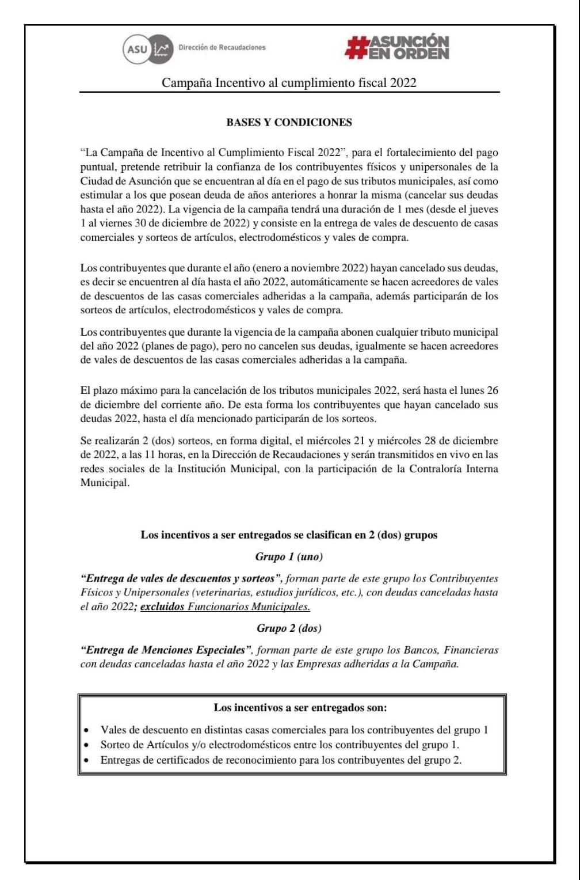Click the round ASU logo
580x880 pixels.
click(x=137, y=49)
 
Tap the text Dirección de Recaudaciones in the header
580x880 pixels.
click(x=222, y=48)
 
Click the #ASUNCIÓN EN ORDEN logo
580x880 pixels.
click(x=396, y=47)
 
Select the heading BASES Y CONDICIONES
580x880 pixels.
click(x=289, y=122)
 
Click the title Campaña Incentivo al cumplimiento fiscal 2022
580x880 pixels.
click(x=289, y=82)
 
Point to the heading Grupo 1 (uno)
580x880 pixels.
click(x=289, y=556)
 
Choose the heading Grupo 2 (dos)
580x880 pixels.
click(x=289, y=628)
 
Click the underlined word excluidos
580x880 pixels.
click(x=162, y=606)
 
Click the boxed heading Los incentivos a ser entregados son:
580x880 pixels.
click(x=292, y=707)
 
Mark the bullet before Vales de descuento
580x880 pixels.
click(x=86, y=731)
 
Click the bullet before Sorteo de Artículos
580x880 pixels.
click(x=86, y=745)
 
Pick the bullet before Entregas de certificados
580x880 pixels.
click(x=86, y=760)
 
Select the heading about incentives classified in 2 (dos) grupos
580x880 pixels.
click(x=289, y=534)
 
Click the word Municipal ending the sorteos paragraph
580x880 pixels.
click(x=104, y=483)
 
